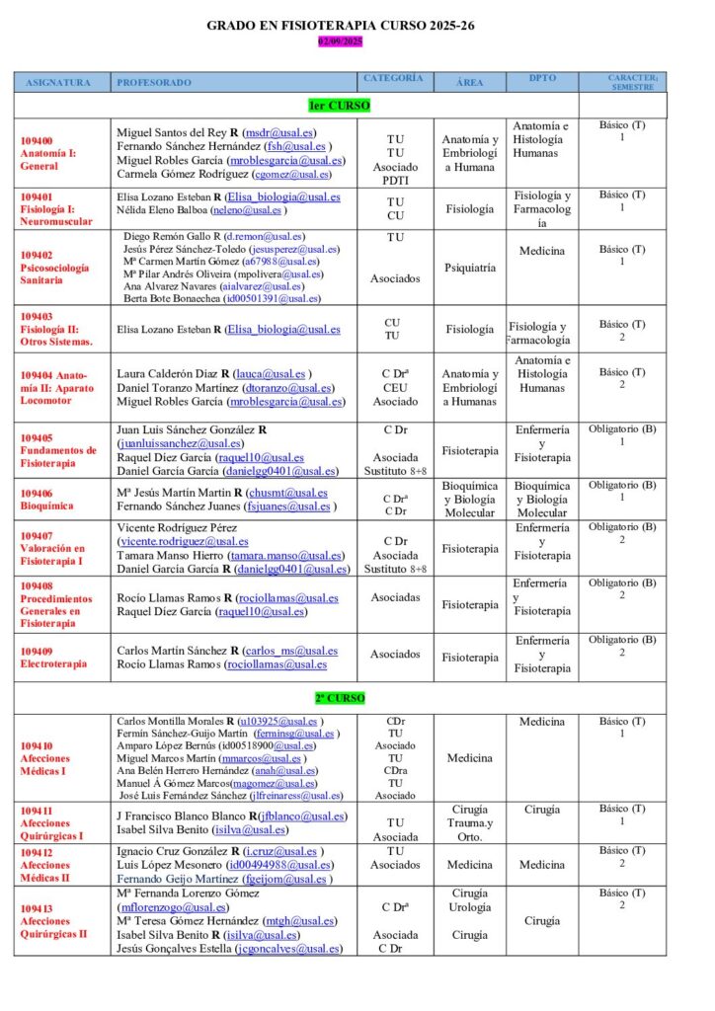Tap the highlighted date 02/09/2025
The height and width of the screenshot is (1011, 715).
pos(341,41)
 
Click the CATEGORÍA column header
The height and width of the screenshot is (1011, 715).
pos(394,78)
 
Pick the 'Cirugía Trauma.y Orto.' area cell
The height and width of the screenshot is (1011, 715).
pos(470,823)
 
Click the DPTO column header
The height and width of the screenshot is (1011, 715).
pos(542,78)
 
